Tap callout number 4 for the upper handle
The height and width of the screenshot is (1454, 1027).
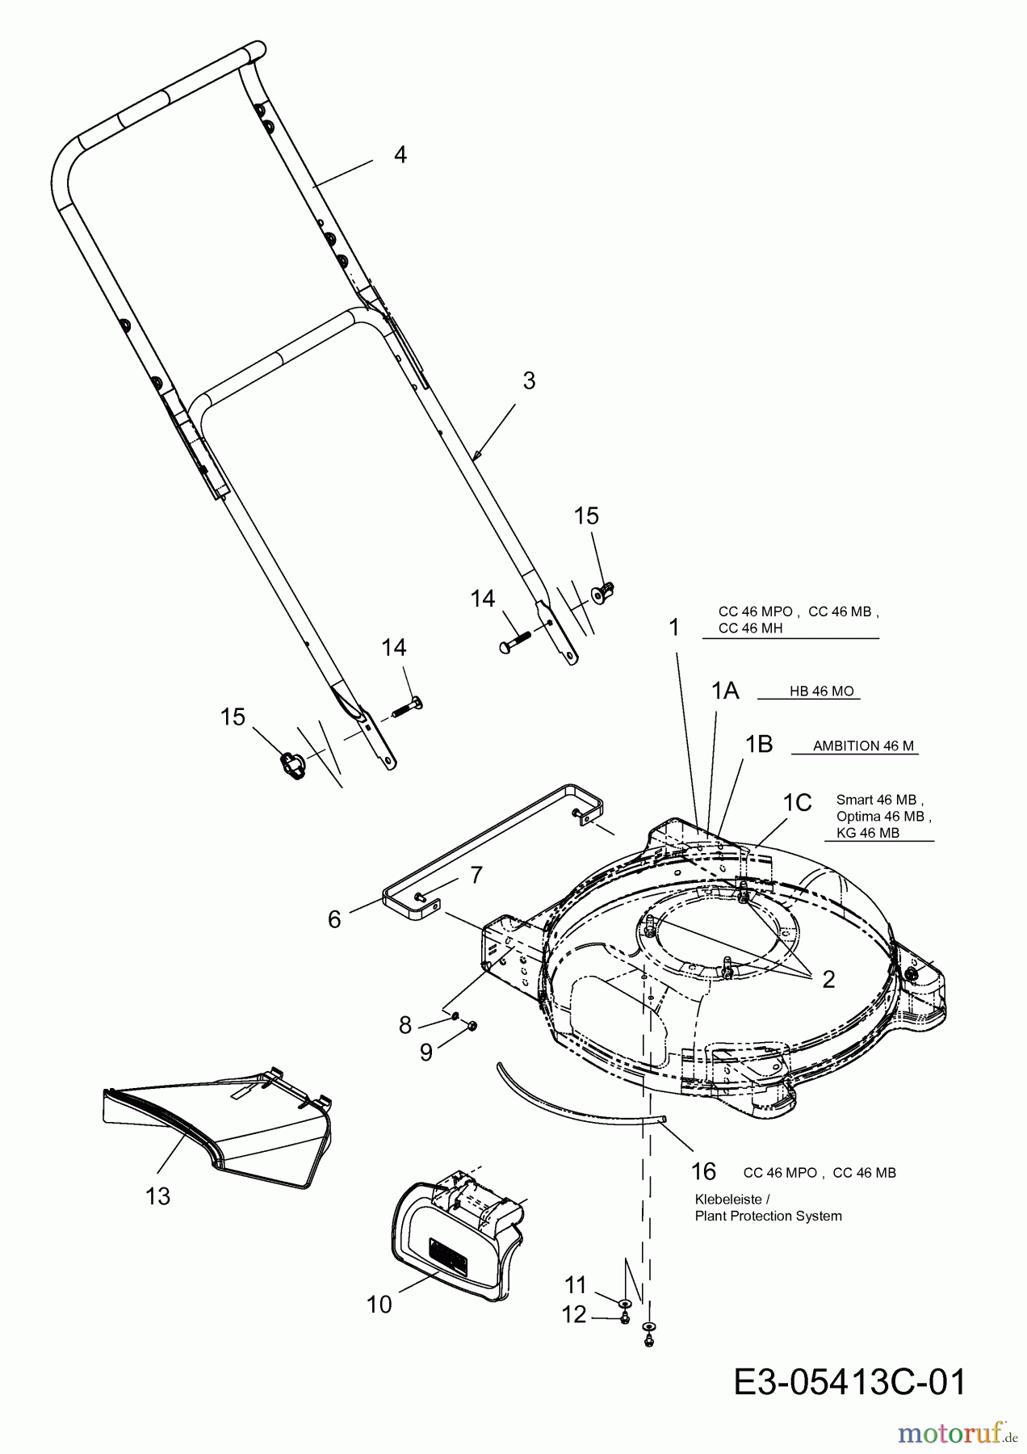point(400,154)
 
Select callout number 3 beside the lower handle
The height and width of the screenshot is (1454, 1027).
point(529,380)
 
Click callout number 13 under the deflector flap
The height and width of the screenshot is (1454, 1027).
point(158,1196)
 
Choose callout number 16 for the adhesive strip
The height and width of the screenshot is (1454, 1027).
point(704,1171)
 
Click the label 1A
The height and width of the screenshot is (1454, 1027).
point(725,691)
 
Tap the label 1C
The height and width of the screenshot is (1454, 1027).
point(797,802)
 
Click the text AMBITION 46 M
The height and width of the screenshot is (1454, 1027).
point(864,746)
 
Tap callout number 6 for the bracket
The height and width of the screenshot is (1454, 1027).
point(334,919)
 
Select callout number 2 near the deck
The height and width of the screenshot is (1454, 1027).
point(828,980)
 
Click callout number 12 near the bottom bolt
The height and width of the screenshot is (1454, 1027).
point(574,1315)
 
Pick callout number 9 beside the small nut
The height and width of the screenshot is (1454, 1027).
point(425,1052)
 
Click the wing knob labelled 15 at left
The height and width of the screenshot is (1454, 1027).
point(292,764)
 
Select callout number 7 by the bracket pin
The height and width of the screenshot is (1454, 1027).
point(476,875)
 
